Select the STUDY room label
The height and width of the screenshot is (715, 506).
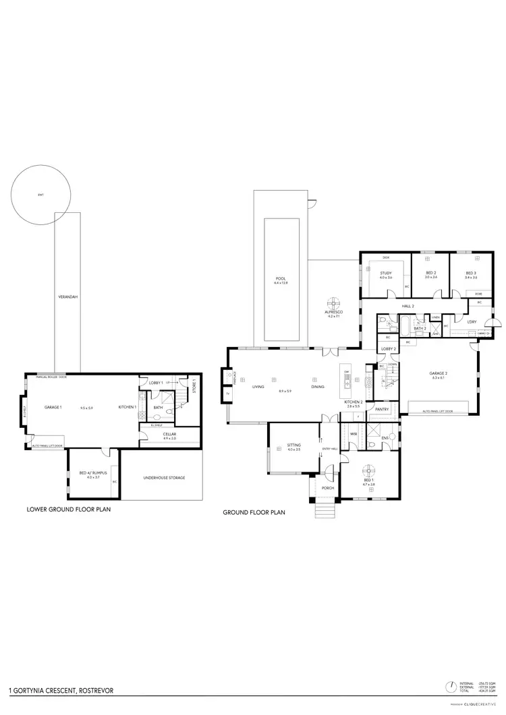[x=385, y=273]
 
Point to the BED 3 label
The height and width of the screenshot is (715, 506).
[x=471, y=273]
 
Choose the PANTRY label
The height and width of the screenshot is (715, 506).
[x=381, y=409]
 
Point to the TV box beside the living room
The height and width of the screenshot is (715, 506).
[x=227, y=394]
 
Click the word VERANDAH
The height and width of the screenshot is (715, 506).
[x=67, y=296]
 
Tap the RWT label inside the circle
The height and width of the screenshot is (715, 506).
[x=40, y=195]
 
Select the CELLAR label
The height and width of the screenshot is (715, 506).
[x=169, y=434]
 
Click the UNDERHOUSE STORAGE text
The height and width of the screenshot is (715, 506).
[x=164, y=478]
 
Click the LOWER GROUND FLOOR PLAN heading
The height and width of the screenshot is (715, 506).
[x=67, y=510]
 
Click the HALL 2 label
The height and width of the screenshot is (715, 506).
[x=407, y=306]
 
